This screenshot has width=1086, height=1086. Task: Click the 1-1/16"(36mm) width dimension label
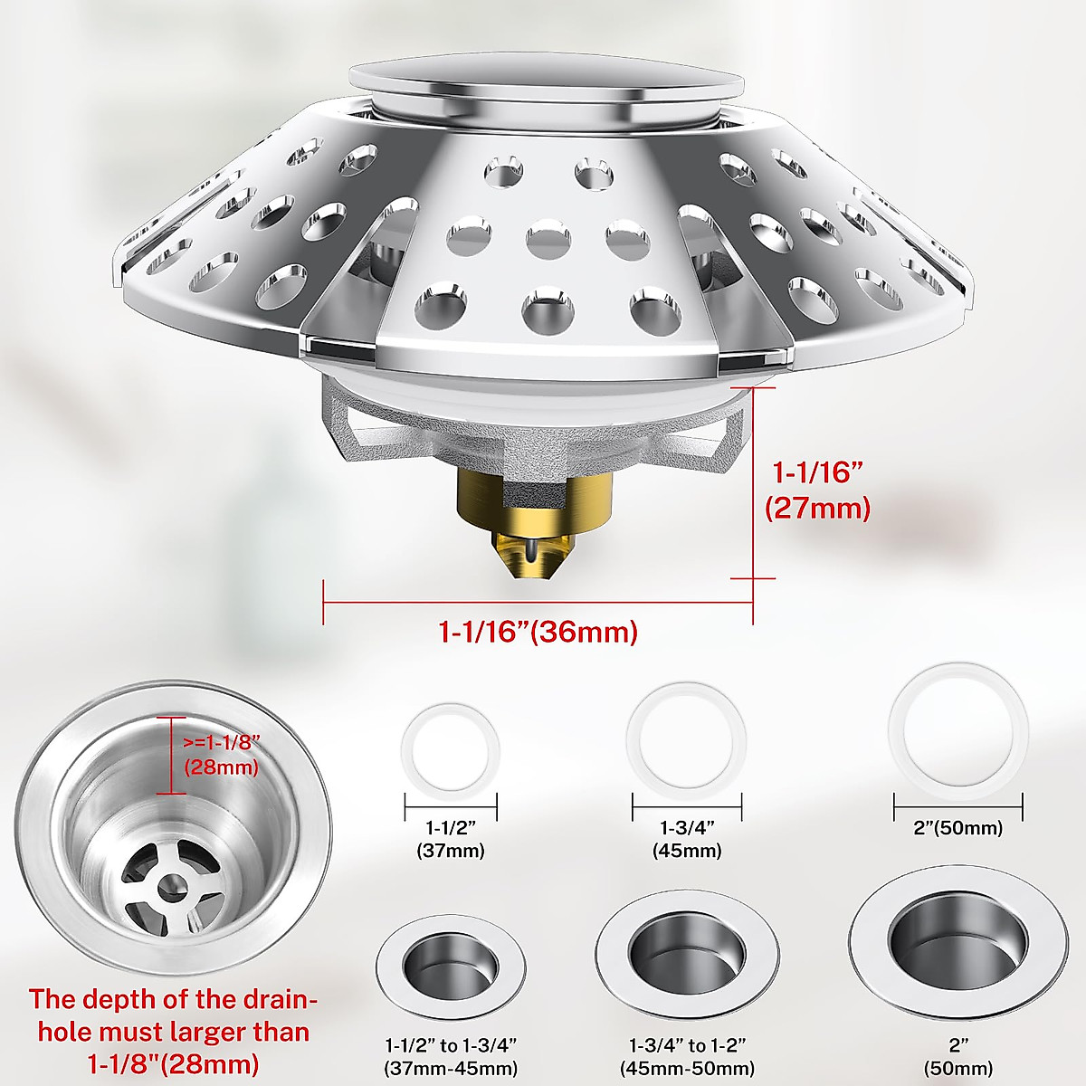tap(538, 631)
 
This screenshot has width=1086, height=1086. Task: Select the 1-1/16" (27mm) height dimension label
tap(816, 490)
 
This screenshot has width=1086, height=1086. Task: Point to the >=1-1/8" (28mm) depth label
tap(222, 754)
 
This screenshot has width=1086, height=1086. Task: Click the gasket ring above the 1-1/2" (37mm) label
tap(450, 748)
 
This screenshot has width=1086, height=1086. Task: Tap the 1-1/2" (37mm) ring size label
tap(450, 839)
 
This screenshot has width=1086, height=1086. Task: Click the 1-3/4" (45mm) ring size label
tap(687, 839)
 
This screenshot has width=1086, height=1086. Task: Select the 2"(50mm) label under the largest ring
tap(958, 828)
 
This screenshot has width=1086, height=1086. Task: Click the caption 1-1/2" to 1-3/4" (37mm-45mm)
tap(450, 1056)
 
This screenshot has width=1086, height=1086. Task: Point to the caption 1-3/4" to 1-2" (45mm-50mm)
tap(687, 1056)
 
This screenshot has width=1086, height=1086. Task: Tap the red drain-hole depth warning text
tap(169, 1031)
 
